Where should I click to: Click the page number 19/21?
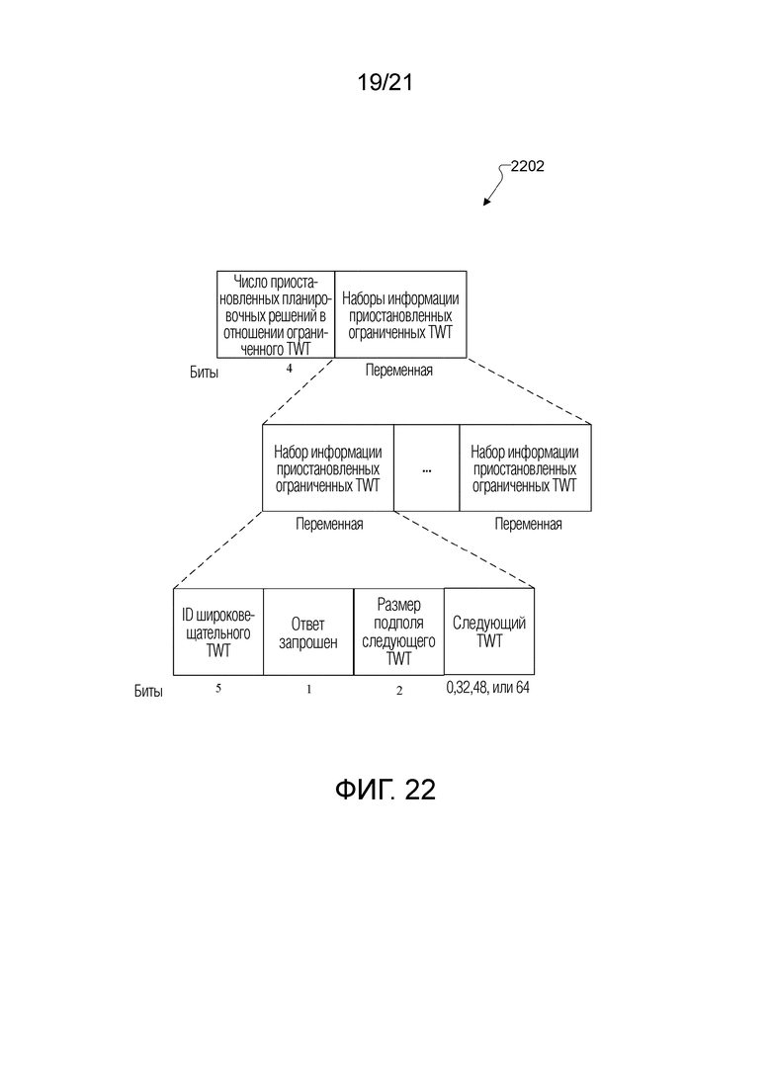(x=385, y=82)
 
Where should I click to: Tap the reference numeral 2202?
(x=527, y=166)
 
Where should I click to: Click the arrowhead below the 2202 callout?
(x=486, y=202)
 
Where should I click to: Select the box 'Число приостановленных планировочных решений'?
(x=276, y=315)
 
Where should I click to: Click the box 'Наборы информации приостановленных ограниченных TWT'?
(x=400, y=315)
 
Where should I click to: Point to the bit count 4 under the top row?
(x=290, y=369)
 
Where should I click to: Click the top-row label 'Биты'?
(x=204, y=373)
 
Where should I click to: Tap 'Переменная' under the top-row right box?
(x=399, y=371)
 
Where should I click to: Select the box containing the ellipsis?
(x=426, y=468)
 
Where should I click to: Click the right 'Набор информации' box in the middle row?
(x=525, y=468)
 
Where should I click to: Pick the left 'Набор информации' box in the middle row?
(x=328, y=468)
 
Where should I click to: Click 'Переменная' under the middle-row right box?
(x=529, y=524)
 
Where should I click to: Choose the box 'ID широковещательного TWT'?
(x=218, y=631)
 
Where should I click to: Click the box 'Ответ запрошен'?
(x=308, y=631)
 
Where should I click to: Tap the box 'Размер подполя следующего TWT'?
(x=398, y=631)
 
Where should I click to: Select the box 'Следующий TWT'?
(x=488, y=631)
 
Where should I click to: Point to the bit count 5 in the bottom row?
(x=218, y=688)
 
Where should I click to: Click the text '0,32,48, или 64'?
(x=488, y=688)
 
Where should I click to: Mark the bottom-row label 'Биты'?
(x=148, y=691)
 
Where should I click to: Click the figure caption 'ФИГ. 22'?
(x=385, y=790)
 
